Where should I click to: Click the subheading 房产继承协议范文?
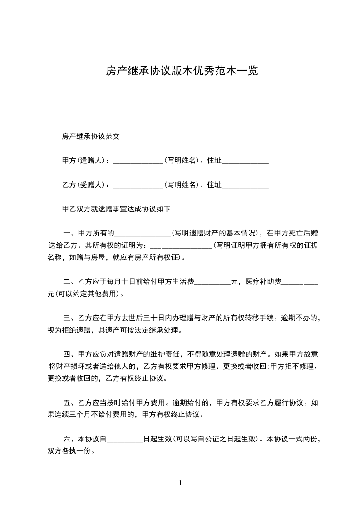[x=90, y=136]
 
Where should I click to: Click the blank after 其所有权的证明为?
[x=181, y=246]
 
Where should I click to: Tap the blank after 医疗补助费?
[x=300, y=282]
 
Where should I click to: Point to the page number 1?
[x=180, y=483]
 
